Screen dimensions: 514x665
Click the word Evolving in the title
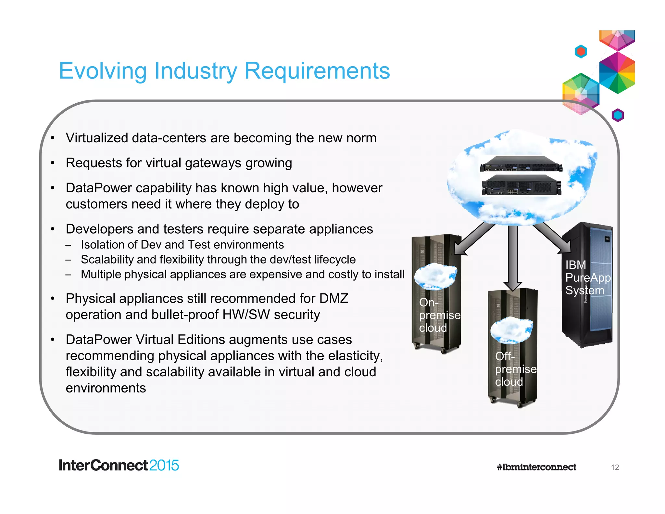(x=103, y=71)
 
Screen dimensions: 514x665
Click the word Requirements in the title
(x=317, y=71)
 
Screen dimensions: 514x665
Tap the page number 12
(x=615, y=467)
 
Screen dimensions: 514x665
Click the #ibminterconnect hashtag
(x=536, y=467)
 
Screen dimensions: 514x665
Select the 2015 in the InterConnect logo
(x=164, y=465)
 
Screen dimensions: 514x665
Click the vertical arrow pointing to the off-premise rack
(x=512, y=257)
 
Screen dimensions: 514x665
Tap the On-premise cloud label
(x=439, y=315)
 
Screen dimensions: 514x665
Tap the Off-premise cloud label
(x=515, y=369)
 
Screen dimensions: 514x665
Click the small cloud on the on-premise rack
(x=435, y=276)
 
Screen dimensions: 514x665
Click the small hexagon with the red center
(x=581, y=51)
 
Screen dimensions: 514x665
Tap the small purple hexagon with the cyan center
(x=618, y=115)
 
